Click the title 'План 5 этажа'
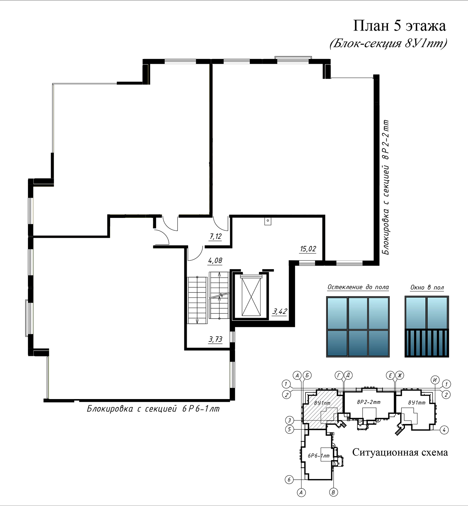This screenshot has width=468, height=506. [x=399, y=26]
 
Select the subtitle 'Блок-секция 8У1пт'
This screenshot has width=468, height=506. [x=388, y=43]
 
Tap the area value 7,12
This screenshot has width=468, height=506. [x=215, y=236]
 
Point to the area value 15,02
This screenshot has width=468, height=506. [x=308, y=249]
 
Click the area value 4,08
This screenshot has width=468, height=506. [x=215, y=260]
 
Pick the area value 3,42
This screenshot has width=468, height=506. [x=280, y=311]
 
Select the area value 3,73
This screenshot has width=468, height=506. [x=215, y=339]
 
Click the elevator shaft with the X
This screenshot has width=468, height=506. [x=251, y=297]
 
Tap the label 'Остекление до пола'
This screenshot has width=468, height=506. [x=358, y=287]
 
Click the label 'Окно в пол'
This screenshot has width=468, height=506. [x=427, y=287]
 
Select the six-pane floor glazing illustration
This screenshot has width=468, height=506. [x=358, y=327]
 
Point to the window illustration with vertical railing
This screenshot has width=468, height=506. [x=427, y=327]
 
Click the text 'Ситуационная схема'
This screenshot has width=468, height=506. [x=400, y=452]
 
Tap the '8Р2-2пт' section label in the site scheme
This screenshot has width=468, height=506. [x=368, y=402]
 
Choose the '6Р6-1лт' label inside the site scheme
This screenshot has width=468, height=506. [x=318, y=455]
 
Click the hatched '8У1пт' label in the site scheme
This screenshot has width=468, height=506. [x=322, y=403]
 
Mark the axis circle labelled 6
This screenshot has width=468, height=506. [x=289, y=479]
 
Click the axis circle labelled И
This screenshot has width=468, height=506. [x=435, y=380]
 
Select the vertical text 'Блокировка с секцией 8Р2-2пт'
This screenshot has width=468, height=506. [x=386, y=187]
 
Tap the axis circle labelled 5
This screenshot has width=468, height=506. [x=289, y=429]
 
